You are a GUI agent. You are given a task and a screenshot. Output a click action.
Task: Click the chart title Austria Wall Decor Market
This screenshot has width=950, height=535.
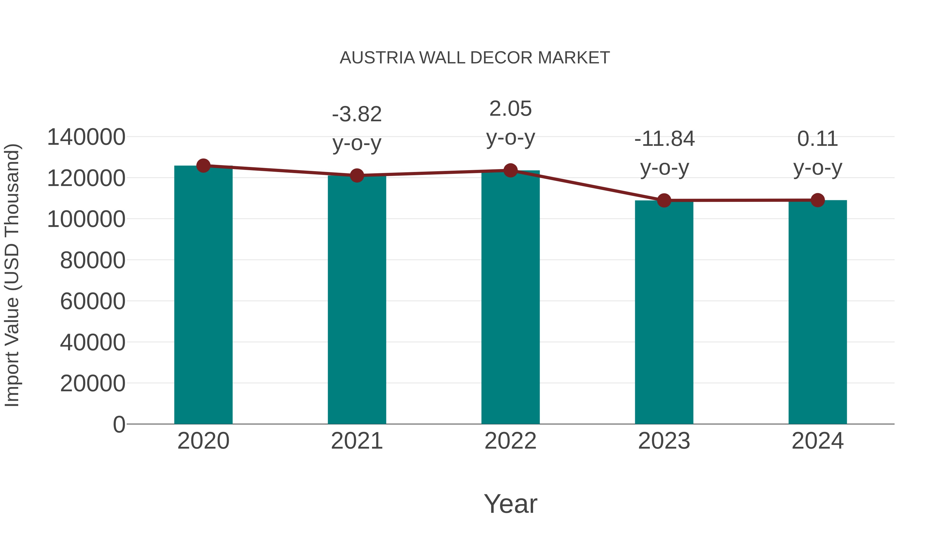coord(475,58)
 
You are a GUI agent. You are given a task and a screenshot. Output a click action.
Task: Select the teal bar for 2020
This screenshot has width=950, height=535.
coord(203,295)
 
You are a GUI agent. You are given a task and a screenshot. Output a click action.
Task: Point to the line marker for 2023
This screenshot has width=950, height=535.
coord(664,201)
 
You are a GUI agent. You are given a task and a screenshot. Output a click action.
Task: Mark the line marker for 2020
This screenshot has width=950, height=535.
coord(203,166)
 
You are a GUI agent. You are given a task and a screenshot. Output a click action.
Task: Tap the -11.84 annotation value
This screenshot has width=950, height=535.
coord(664,139)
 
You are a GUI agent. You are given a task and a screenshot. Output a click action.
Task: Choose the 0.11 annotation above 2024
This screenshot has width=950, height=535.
coord(818,139)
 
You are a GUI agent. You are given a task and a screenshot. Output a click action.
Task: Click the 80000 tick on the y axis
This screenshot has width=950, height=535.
coord(93,260)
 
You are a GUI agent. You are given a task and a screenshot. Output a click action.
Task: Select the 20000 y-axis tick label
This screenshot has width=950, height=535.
coord(93,384)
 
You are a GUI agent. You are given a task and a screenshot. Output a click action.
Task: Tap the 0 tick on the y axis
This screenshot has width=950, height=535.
coord(119,425)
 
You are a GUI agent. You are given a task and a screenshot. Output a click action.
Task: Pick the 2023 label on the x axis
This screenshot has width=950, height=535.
coord(664,441)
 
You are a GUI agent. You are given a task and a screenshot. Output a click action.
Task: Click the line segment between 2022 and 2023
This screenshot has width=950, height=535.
coord(587,185)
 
